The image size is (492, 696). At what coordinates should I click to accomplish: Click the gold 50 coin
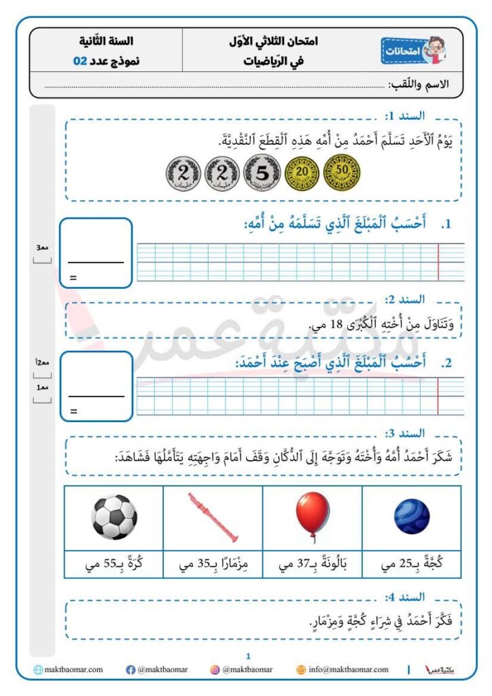click(342, 173)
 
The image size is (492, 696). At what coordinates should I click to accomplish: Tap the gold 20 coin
click(301, 174)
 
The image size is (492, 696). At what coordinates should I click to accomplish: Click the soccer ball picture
click(113, 517)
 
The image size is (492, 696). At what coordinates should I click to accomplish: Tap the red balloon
click(312, 516)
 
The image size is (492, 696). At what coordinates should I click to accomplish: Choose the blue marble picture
click(411, 517)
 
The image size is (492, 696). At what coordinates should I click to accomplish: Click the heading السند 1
click(404, 116)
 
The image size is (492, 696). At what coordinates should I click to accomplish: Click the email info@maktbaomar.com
click(347, 669)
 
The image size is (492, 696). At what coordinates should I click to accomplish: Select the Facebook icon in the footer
click(130, 670)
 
